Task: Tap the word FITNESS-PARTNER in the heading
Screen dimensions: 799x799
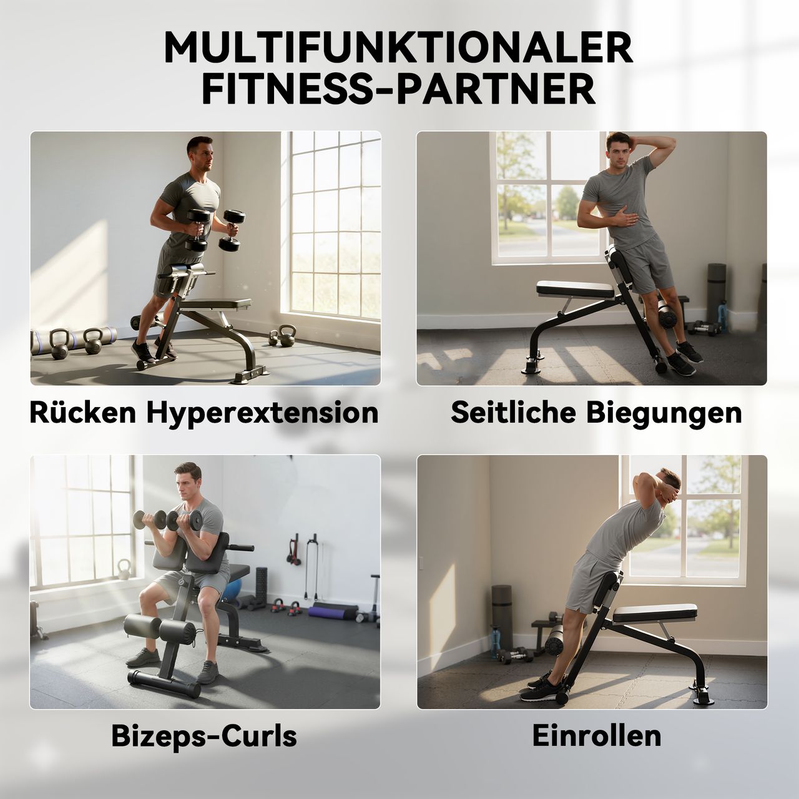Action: click(x=398, y=90)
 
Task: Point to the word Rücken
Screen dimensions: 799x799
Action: click(x=83, y=413)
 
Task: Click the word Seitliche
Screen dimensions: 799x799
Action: click(x=514, y=413)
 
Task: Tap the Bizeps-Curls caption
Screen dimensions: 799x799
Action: click(x=204, y=736)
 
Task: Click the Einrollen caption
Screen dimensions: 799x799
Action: click(x=596, y=736)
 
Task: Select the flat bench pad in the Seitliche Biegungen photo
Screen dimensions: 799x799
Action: click(x=576, y=288)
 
